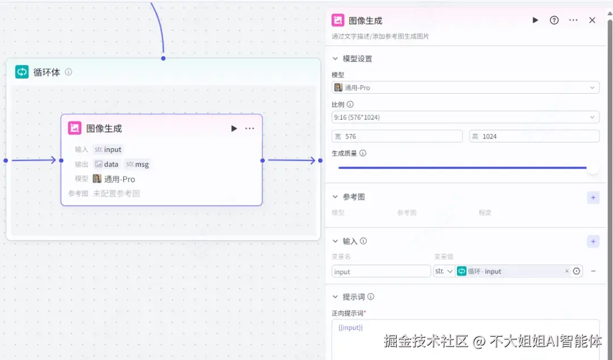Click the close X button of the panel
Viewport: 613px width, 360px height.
point(592,20)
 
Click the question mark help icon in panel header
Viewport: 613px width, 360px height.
point(554,20)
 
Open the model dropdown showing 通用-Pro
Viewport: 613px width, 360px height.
point(465,87)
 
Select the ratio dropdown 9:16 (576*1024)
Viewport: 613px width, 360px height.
point(465,118)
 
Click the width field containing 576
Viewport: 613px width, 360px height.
point(397,136)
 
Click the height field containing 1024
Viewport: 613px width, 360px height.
point(534,136)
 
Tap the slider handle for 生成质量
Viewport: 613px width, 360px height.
point(593,168)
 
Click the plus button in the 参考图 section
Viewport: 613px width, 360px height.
point(593,198)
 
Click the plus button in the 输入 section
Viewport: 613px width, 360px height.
point(593,242)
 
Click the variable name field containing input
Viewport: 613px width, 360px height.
point(381,271)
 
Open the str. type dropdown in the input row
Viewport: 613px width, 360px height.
point(444,271)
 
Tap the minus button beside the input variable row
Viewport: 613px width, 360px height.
point(593,271)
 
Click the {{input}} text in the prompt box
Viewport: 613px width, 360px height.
point(350,328)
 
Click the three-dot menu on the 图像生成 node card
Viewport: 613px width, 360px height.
point(250,128)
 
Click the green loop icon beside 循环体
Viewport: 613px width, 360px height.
point(22,72)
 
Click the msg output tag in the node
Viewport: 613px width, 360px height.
point(138,164)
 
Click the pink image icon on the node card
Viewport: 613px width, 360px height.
point(75,128)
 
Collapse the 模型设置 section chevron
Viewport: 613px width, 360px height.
point(335,59)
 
